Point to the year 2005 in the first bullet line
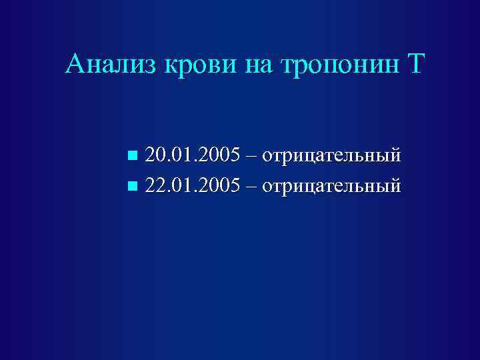pyautogui.click(x=221, y=155)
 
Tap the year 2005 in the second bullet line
pyautogui.click(x=221, y=183)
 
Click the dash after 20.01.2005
pyautogui.click(x=251, y=157)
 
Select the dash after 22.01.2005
pyautogui.click(x=251, y=185)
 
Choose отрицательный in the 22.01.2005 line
pyautogui.click(x=331, y=184)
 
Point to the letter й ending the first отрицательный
pyautogui.click(x=395, y=155)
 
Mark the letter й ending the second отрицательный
pyautogui.click(x=395, y=183)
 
